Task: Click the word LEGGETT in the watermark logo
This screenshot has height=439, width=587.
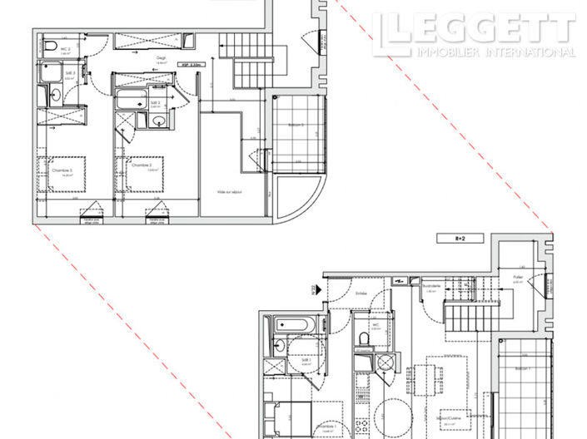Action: [483, 28]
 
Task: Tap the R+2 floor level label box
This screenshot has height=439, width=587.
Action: [455, 238]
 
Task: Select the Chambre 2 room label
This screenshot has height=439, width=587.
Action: [142, 165]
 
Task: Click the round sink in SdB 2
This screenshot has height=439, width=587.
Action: [158, 121]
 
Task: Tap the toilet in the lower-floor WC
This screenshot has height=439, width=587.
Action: [363, 337]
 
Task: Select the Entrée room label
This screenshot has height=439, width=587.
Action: [361, 293]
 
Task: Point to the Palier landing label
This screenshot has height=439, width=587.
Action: [518, 278]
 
